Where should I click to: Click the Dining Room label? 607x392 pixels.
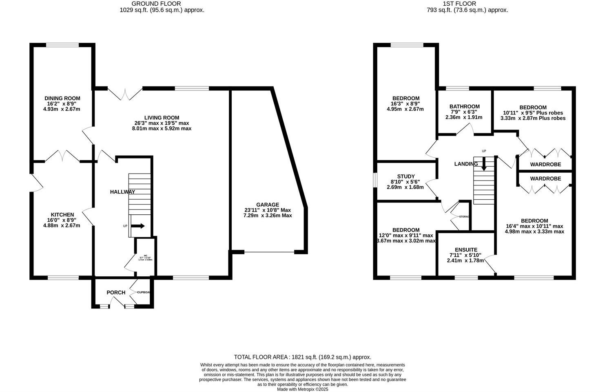(x=62, y=98)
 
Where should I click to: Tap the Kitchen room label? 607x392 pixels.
(x=62, y=215)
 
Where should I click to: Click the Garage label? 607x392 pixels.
(x=268, y=205)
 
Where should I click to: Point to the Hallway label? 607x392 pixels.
(x=122, y=192)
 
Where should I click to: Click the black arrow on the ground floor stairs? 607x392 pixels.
(x=138, y=226)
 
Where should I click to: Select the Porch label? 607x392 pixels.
(x=116, y=293)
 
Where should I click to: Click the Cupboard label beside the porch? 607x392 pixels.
(x=144, y=292)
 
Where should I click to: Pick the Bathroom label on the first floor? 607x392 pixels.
(x=464, y=107)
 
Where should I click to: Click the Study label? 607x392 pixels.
(x=405, y=176)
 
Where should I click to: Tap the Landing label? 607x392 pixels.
(x=466, y=164)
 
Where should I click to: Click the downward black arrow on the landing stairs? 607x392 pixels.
(x=484, y=165)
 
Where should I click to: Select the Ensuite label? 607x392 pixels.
(x=466, y=250)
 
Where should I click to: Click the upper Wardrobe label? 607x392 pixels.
(x=545, y=165)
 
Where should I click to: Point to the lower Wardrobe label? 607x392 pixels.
(x=545, y=178)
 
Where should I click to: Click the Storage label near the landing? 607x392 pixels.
(x=464, y=216)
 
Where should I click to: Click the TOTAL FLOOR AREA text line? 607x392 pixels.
(x=302, y=357)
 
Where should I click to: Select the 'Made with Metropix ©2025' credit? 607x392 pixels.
(x=302, y=389)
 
